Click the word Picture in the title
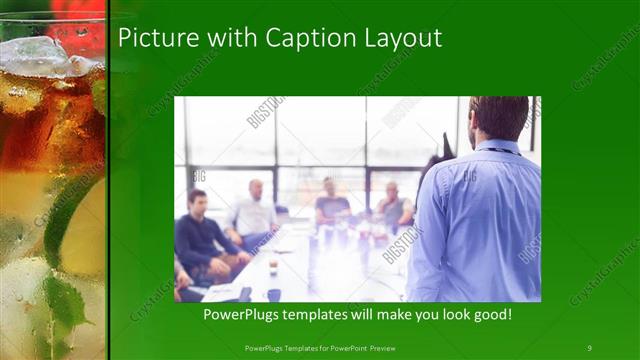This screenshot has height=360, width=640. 152,39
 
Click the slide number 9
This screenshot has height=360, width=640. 589,347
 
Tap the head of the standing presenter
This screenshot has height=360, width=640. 498,118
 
